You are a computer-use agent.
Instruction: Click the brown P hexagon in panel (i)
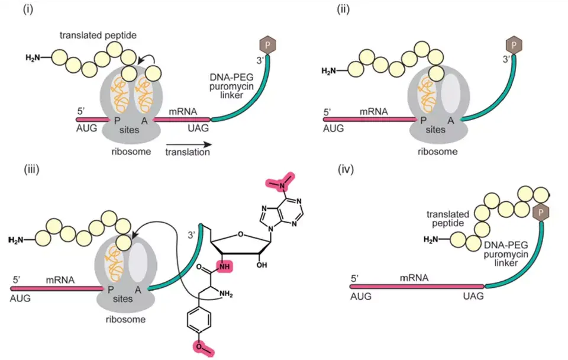(267, 45)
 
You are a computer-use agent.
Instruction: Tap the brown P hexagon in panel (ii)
(514, 46)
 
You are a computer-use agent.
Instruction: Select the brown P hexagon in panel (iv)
(541, 212)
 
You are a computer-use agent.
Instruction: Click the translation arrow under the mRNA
(188, 144)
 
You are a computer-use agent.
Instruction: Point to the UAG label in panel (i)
(198, 128)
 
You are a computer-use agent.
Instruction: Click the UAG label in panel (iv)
(473, 296)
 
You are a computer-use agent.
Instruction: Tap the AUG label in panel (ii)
(333, 128)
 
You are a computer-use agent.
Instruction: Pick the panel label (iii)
(31, 169)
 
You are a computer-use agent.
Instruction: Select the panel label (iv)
(346, 169)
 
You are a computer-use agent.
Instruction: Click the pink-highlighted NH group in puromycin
(225, 267)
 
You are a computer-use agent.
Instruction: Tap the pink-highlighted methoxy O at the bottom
(201, 348)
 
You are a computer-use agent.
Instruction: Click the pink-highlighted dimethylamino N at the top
(280, 184)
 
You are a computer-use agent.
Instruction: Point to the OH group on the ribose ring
(262, 265)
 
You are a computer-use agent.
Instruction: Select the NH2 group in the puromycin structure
(225, 294)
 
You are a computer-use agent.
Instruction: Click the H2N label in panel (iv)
(431, 240)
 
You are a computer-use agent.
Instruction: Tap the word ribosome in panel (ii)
(438, 152)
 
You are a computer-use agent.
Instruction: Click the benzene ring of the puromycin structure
(199, 320)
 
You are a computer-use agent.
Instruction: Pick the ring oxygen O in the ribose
(241, 234)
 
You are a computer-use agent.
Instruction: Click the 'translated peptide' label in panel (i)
(98, 36)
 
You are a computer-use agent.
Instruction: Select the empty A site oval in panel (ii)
(451, 94)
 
